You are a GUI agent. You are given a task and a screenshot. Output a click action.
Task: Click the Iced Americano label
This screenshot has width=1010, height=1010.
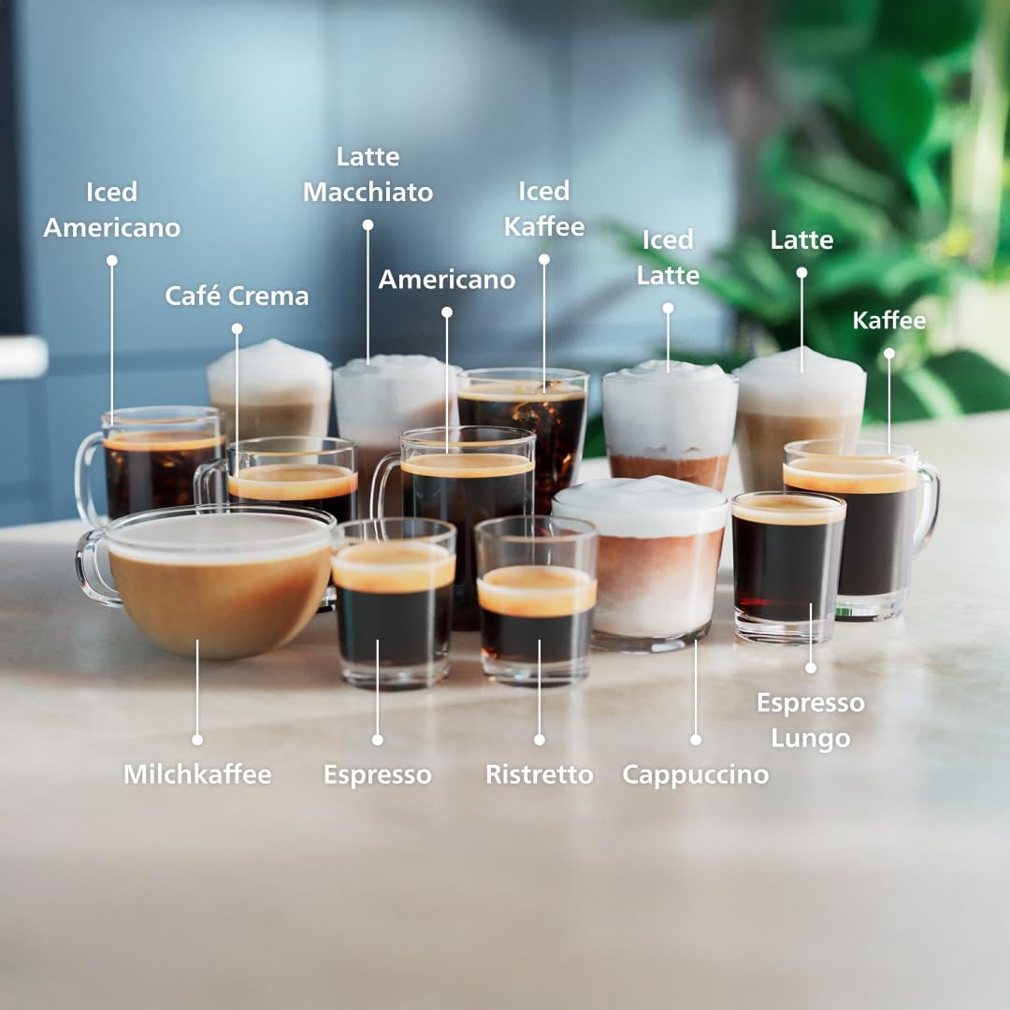(x=111, y=209)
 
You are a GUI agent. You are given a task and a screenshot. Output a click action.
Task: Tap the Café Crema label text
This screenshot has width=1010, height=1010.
(x=237, y=296)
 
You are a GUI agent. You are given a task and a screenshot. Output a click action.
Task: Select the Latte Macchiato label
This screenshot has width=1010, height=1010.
(x=368, y=174)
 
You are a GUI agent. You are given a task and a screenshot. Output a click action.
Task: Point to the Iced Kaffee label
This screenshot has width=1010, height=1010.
(x=543, y=209)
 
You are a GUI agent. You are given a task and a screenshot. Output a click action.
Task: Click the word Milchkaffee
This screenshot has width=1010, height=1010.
(x=197, y=774)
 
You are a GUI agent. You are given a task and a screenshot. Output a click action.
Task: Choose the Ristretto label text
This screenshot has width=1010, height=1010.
(x=539, y=774)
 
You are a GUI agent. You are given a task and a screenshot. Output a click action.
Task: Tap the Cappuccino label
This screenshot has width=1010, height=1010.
(x=695, y=774)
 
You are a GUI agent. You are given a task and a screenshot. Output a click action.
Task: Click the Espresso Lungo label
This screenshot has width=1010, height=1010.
(x=810, y=720)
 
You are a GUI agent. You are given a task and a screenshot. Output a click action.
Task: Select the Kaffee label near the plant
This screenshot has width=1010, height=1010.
(x=888, y=321)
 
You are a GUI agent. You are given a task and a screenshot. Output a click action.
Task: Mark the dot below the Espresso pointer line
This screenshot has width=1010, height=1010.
(x=377, y=739)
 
